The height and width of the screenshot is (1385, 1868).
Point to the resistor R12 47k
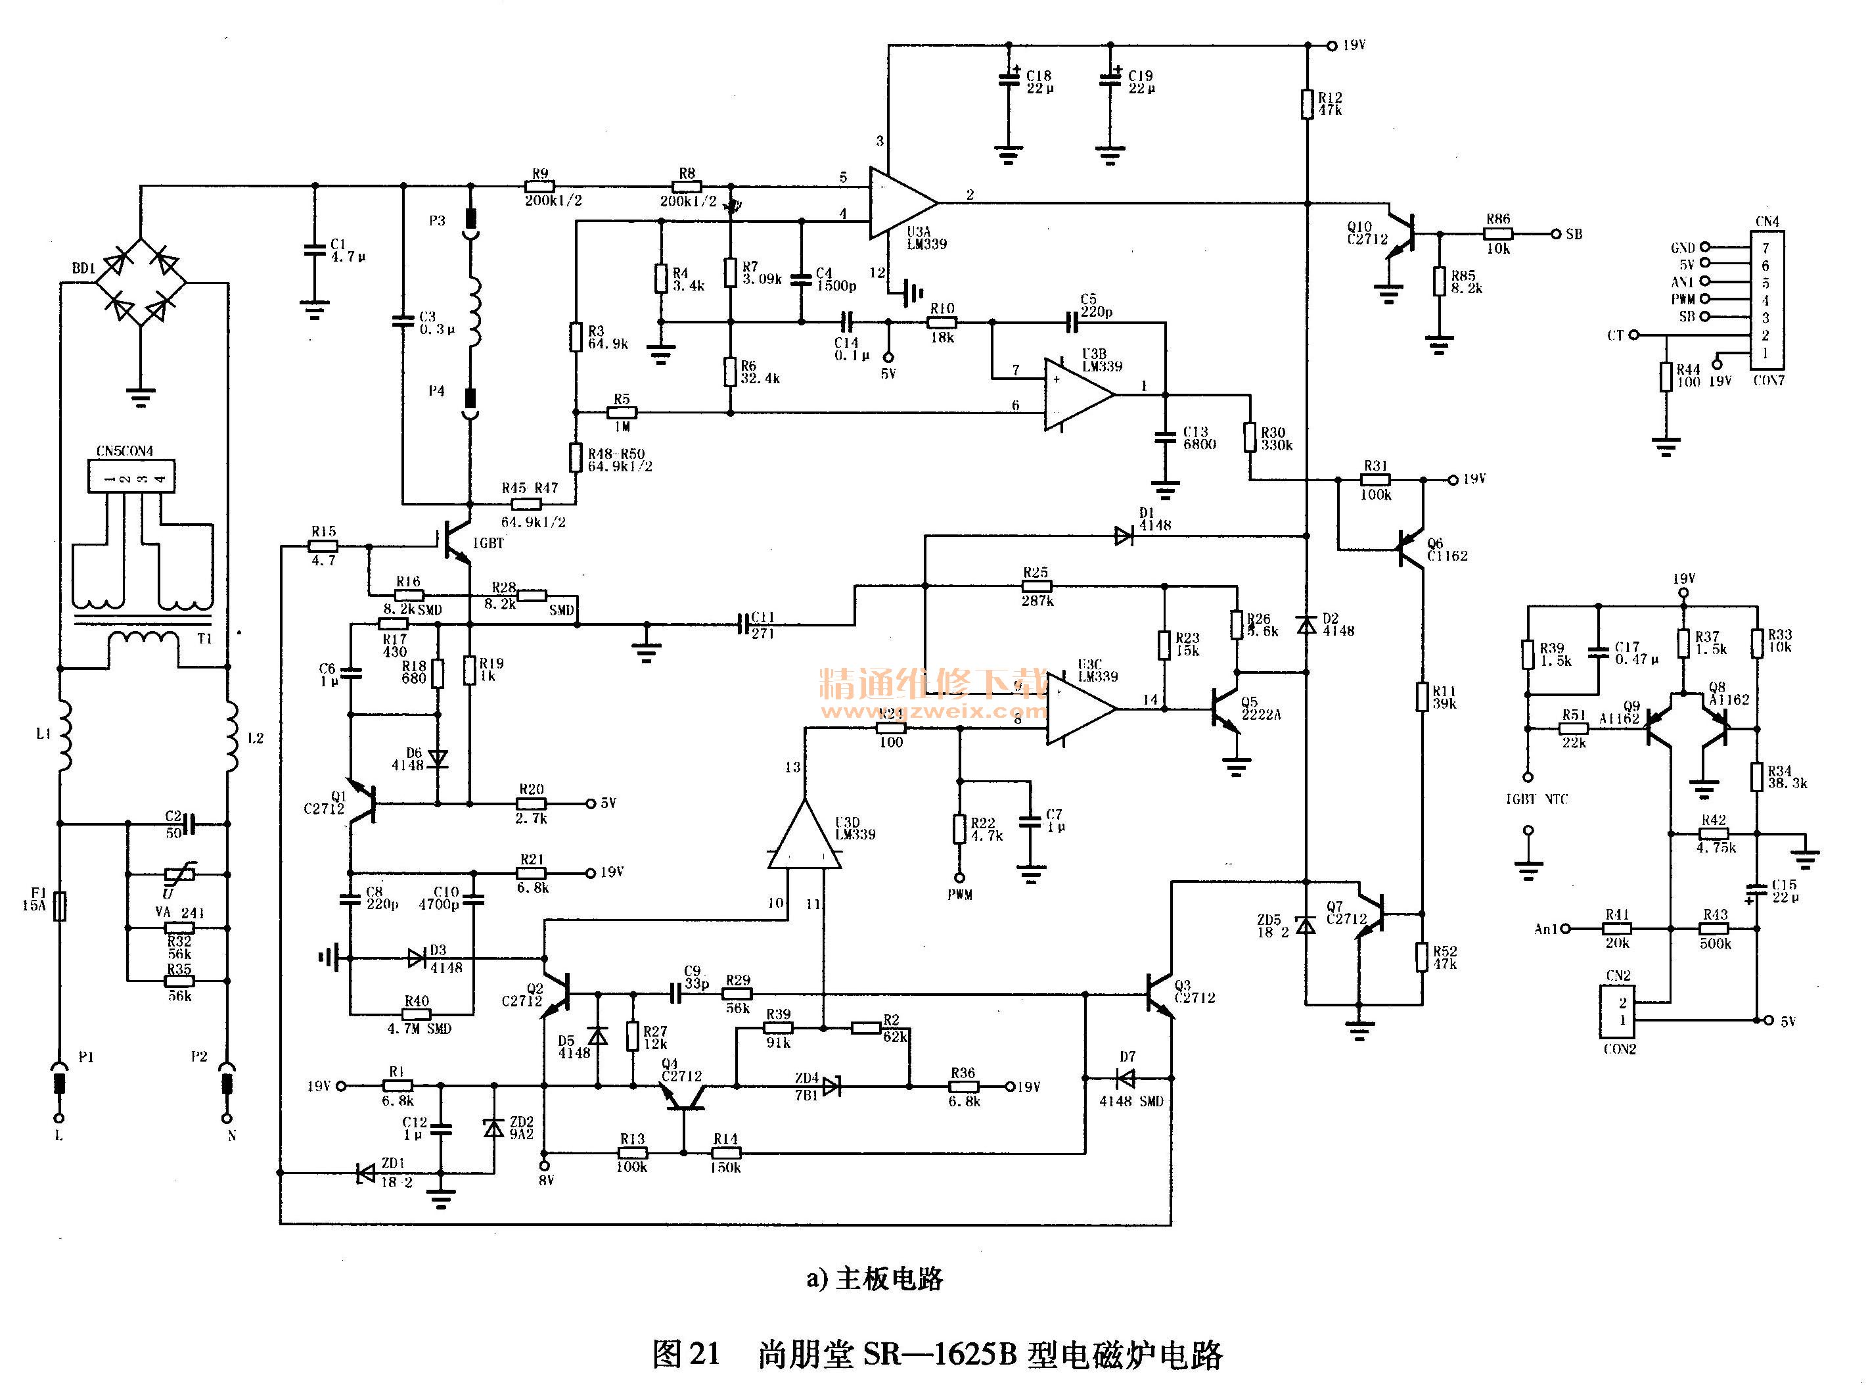[x=1306, y=104]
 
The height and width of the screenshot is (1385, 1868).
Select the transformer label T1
[x=204, y=639]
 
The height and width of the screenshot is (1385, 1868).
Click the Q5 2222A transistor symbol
[x=1225, y=711]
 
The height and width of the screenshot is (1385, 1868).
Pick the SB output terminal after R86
[x=1557, y=234]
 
